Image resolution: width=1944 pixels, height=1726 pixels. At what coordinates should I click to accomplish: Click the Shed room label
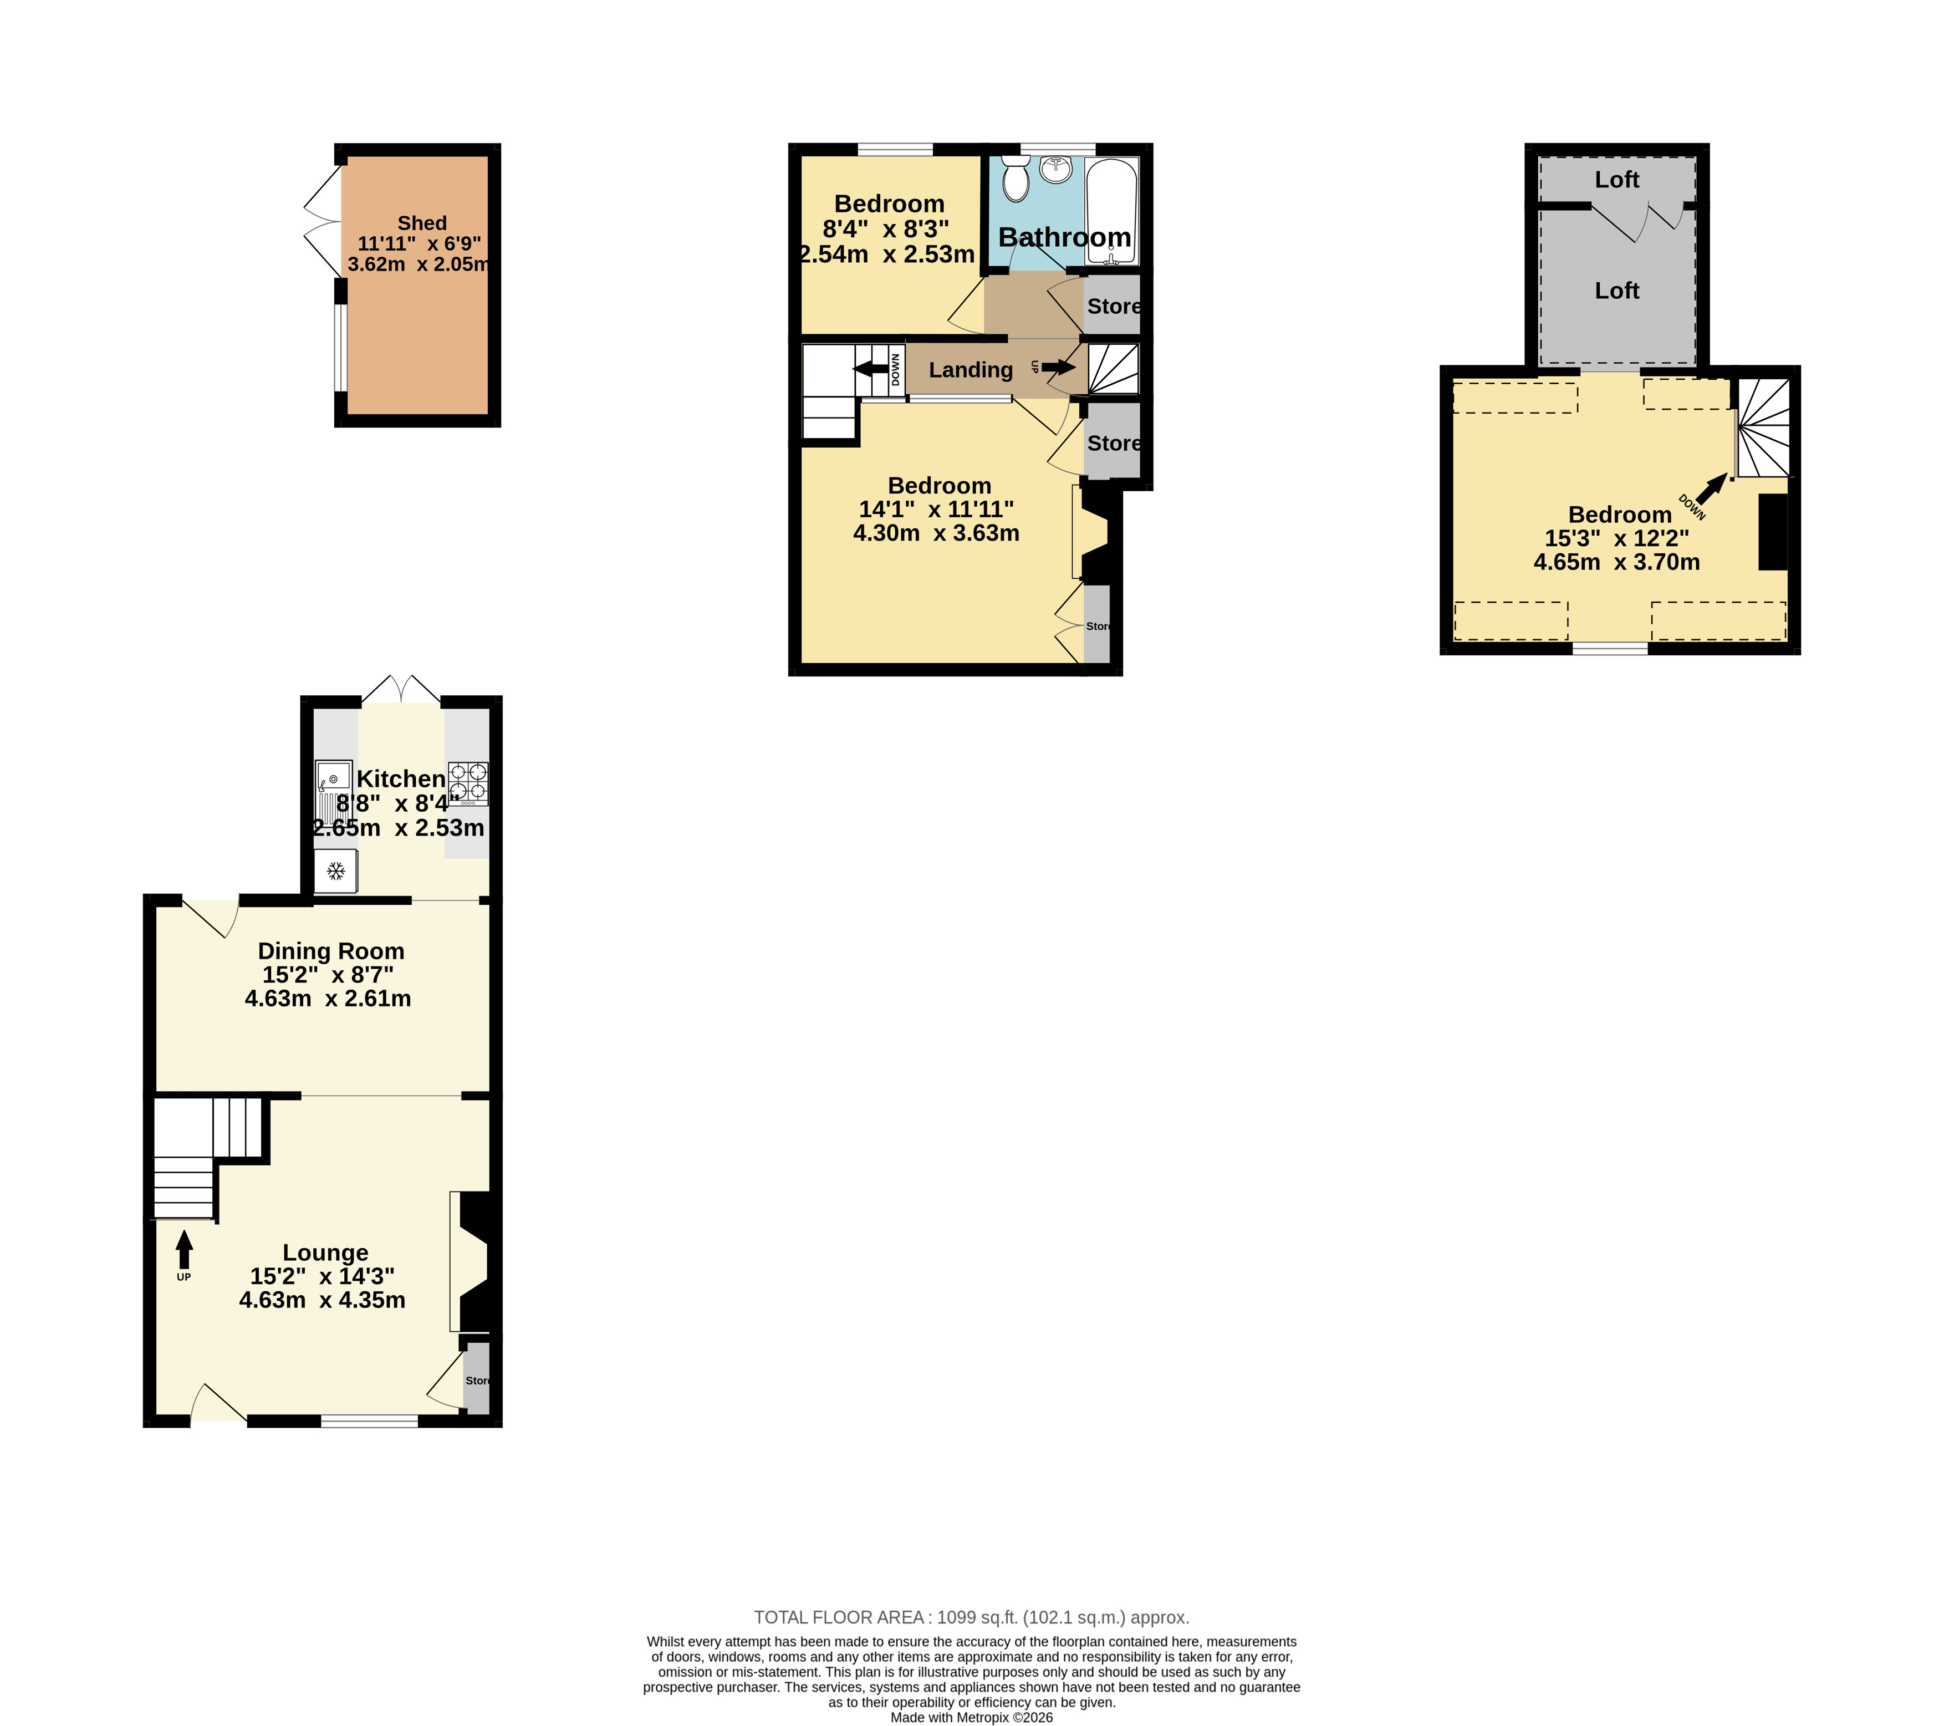point(421,223)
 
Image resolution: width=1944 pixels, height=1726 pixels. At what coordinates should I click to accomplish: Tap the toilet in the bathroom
point(1016,179)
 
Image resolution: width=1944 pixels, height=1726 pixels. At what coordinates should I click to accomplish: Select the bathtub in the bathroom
point(1112,210)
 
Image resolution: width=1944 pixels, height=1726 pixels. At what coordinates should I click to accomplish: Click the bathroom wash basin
point(1055,169)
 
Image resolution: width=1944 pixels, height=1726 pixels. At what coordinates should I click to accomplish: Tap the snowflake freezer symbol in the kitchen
point(335,870)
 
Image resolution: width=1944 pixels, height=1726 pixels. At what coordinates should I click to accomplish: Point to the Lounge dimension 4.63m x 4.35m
point(323,1300)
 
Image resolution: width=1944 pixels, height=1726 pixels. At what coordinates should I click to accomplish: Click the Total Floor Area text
point(971,1617)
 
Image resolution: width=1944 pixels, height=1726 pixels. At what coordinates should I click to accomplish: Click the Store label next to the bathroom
point(1114,307)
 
